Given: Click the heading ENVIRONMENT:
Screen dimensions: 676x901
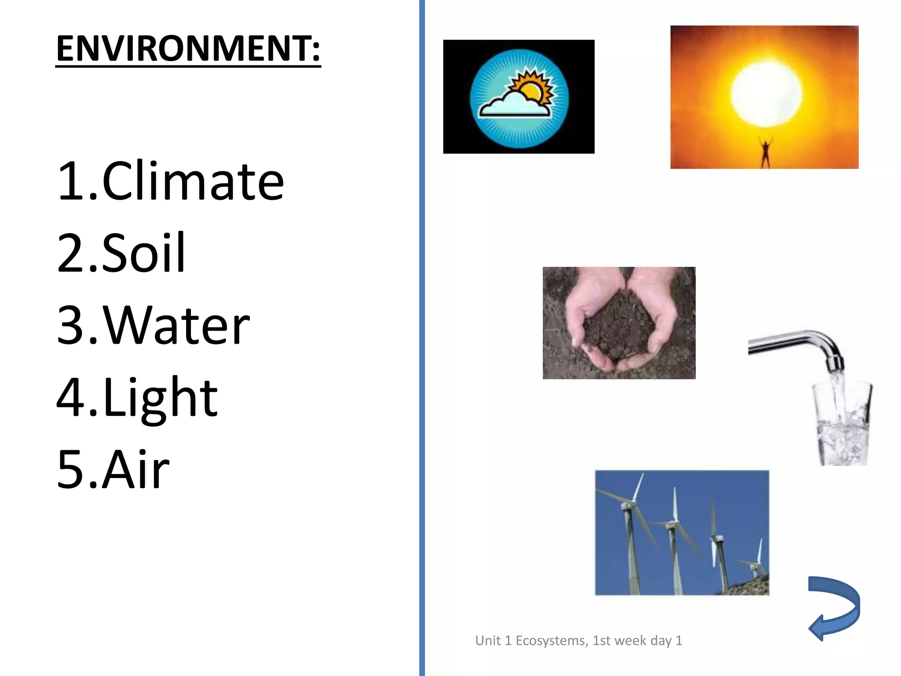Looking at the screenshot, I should pyautogui.click(x=188, y=48).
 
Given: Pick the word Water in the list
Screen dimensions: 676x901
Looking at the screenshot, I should pyautogui.click(x=176, y=325).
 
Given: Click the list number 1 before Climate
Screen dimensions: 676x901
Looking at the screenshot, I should pyautogui.click(x=70, y=181).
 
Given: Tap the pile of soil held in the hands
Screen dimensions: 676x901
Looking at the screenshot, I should pyautogui.click(x=616, y=326).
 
